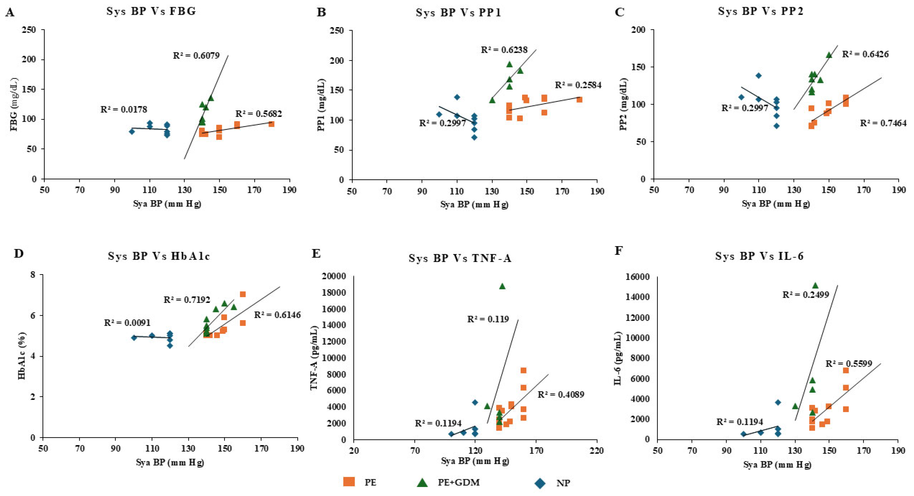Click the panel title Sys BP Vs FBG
pos(151,11)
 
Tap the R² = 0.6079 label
pos(196,55)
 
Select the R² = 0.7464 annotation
pos(883,123)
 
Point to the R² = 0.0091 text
pos(127,323)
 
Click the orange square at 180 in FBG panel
pos(271,124)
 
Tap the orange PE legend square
pos(349,482)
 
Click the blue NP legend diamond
pos(540,483)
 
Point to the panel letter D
pos(18,253)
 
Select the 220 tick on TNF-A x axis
pos(596,451)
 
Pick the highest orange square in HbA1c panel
pos(243,294)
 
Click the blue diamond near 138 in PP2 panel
pos(759,75)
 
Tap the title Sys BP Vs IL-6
pos(759,256)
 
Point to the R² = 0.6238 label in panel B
pos(504,50)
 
